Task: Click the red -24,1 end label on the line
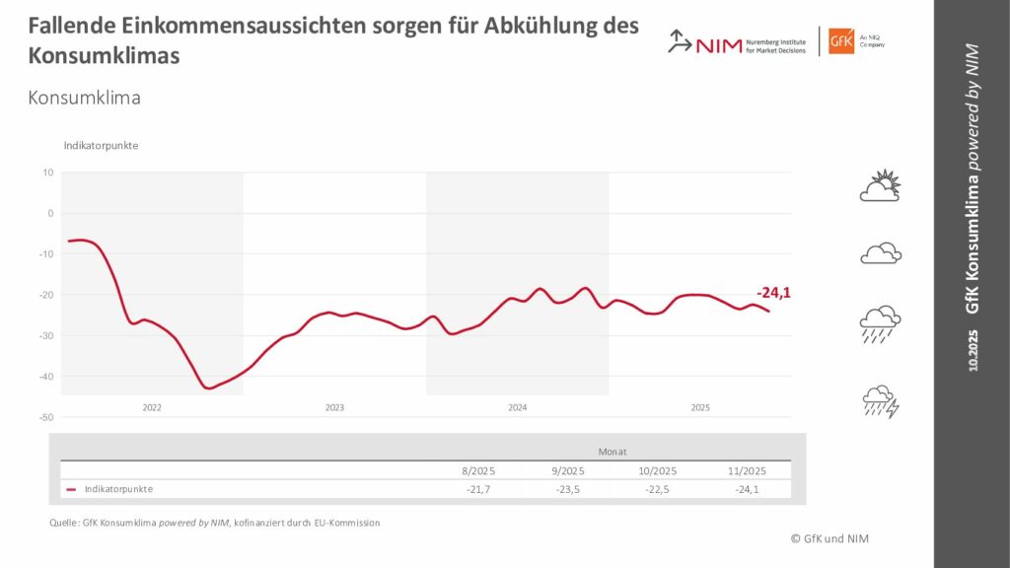click(775, 293)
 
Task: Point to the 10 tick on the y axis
click(48, 173)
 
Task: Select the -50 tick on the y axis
click(46, 417)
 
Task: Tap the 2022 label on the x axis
click(152, 407)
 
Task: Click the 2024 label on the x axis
click(517, 407)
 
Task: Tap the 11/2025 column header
click(748, 470)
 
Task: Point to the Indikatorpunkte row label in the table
click(118, 489)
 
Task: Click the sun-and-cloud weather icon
click(881, 185)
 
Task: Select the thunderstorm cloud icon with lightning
click(881, 401)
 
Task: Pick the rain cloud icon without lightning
click(880, 323)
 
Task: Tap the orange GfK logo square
click(841, 41)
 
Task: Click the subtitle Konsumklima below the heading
click(85, 98)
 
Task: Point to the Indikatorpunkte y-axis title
click(101, 146)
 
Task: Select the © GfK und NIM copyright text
click(830, 537)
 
